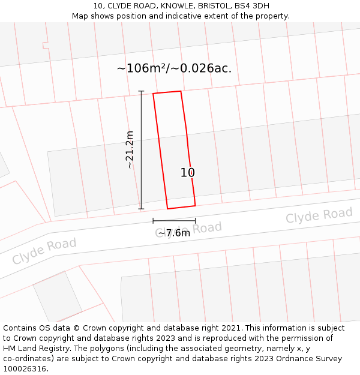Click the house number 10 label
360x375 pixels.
[x=188, y=173]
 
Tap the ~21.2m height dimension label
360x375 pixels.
[x=130, y=149]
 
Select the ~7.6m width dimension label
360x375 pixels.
[x=174, y=233]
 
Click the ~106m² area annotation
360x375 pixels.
[x=142, y=68]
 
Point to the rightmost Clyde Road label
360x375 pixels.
[x=319, y=215]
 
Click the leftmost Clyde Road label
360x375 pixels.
[x=44, y=251]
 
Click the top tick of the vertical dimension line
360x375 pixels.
[x=142, y=91]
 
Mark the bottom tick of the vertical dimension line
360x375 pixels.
[x=142, y=209]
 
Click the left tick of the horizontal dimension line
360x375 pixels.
[x=153, y=221]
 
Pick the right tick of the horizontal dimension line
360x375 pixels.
[x=195, y=221]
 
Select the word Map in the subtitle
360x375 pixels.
[x=80, y=16]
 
